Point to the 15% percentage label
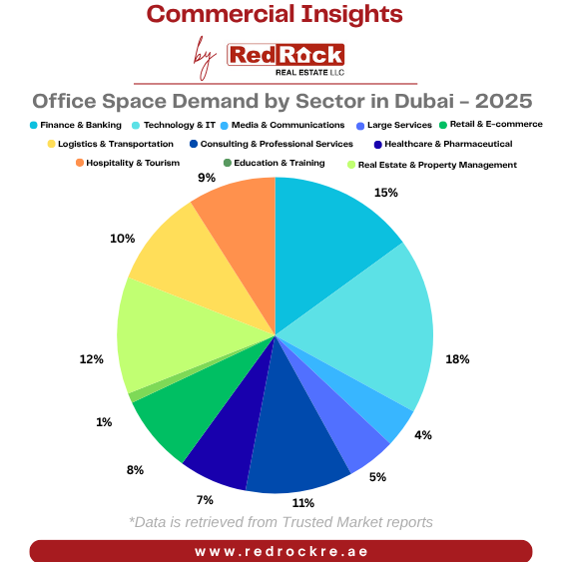386,192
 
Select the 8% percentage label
135,469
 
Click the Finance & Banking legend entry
75,125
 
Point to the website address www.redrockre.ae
281,551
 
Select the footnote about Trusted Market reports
281,522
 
